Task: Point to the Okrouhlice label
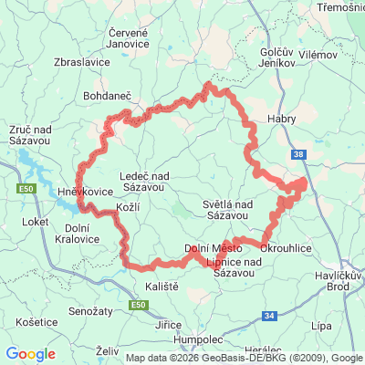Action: [288, 247]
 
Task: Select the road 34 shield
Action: [268, 316]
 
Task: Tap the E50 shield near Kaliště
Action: [138, 303]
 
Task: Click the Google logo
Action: [31, 354]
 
